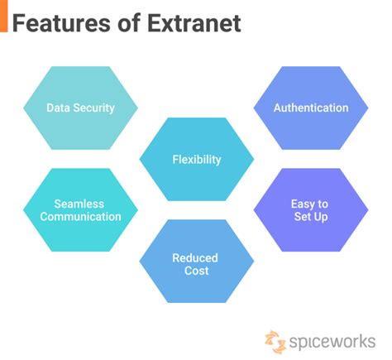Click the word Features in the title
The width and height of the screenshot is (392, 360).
tap(61, 23)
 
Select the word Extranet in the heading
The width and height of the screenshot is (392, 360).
tap(194, 23)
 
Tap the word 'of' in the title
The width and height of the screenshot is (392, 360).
tap(129, 23)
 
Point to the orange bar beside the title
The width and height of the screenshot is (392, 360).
tap(4, 16)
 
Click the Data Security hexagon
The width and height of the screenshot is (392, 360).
tap(80, 108)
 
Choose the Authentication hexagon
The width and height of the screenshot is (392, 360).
tap(311, 108)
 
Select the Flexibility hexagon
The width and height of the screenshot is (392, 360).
tap(197, 159)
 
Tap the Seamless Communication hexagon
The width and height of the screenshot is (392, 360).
tap(80, 210)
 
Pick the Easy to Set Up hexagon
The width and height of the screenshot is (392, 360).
tap(311, 210)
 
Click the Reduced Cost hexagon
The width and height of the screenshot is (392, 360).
tap(197, 262)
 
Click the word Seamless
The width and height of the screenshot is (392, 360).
tap(79, 204)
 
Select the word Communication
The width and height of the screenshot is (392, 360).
tap(80, 217)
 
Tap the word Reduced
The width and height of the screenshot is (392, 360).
tap(195, 258)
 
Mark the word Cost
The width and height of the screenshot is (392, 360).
tap(197, 271)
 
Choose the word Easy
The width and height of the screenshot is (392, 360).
tap(303, 204)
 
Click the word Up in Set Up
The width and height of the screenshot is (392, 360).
tap(321, 217)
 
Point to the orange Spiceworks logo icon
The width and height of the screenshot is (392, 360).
tap(275, 342)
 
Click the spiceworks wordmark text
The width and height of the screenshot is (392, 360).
tap(332, 342)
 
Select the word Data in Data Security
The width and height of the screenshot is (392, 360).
tap(58, 108)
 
